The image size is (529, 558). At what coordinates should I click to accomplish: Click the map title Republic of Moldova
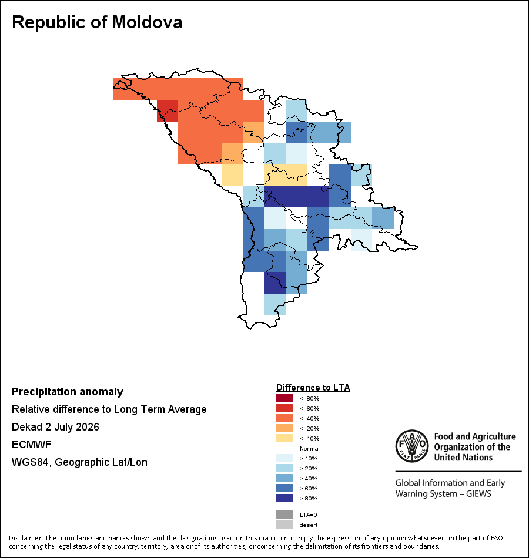pos(97,22)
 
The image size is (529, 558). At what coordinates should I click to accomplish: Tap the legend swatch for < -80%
pos(284,398)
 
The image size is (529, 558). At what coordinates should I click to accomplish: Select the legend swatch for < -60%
pos(284,408)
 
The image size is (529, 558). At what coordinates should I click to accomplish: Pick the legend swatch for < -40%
pos(284,418)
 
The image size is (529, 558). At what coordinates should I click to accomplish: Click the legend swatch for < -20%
pos(284,428)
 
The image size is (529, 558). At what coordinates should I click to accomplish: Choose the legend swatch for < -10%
pos(284,438)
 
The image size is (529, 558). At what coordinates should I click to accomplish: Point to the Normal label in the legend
pos(310,448)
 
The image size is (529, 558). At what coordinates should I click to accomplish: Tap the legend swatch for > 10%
pos(284,458)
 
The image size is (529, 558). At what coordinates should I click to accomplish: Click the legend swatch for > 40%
pos(284,478)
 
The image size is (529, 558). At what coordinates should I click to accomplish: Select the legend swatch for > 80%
pos(284,498)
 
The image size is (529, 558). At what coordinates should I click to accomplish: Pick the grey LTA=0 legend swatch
pos(284,515)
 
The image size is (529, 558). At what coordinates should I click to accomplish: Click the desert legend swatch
pos(284,525)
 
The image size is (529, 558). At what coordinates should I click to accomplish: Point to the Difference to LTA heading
pos(313,388)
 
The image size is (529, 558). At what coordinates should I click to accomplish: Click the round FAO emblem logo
pos(412,446)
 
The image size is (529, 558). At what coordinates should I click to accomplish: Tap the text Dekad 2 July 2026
pos(55,426)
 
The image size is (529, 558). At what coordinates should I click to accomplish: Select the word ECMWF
pos(31,445)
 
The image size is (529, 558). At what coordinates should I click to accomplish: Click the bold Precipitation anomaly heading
pos(68,392)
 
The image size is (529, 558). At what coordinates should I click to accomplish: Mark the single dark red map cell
pos(168,110)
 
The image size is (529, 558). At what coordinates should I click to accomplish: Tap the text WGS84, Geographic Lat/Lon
pos(79,462)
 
